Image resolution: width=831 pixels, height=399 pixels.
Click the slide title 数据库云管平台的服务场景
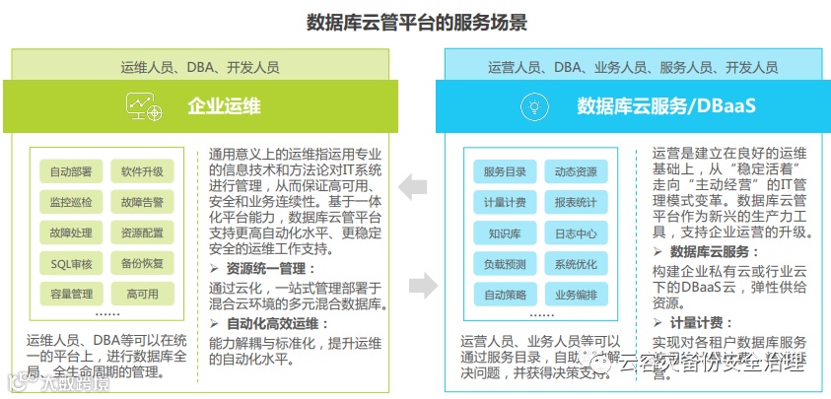click(x=416, y=22)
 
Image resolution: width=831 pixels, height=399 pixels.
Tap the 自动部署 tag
click(x=71, y=171)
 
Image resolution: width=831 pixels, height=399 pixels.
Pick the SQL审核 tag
click(x=71, y=263)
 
